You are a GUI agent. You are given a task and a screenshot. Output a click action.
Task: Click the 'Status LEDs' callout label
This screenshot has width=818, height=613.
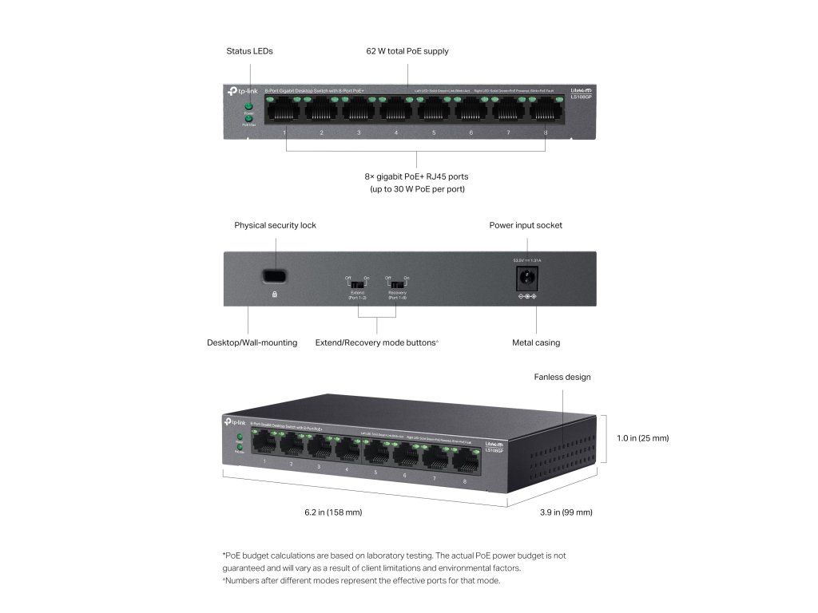coord(249,51)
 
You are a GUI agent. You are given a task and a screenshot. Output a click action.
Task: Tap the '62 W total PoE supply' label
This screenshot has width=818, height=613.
coord(407,51)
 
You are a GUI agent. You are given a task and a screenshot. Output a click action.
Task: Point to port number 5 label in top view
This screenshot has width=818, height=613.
coord(434,132)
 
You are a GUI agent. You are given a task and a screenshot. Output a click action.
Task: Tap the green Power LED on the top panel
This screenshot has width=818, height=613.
coord(248,106)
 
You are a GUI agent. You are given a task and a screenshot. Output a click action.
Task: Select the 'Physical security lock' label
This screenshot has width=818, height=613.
coord(275,225)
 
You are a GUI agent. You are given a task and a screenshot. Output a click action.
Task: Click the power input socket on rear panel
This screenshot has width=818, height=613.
coord(527,279)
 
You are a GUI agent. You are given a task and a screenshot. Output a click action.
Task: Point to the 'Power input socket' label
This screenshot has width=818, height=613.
coord(526,225)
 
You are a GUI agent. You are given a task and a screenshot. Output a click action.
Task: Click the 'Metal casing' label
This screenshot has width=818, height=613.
coord(535,342)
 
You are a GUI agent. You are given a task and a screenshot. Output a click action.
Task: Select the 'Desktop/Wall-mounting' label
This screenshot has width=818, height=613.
coord(252,342)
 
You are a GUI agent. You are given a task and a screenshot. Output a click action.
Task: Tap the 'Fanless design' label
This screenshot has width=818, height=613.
coord(562,377)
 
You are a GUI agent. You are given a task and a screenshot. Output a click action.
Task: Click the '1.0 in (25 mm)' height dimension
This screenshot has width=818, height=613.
coord(642,438)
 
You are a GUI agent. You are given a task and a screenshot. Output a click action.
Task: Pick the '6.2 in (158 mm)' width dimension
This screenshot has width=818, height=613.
coord(333,512)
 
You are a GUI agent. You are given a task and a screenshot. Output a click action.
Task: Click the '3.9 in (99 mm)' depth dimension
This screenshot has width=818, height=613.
coord(566,512)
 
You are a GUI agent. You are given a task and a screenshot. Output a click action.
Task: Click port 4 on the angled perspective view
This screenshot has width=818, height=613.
coord(347,451)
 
